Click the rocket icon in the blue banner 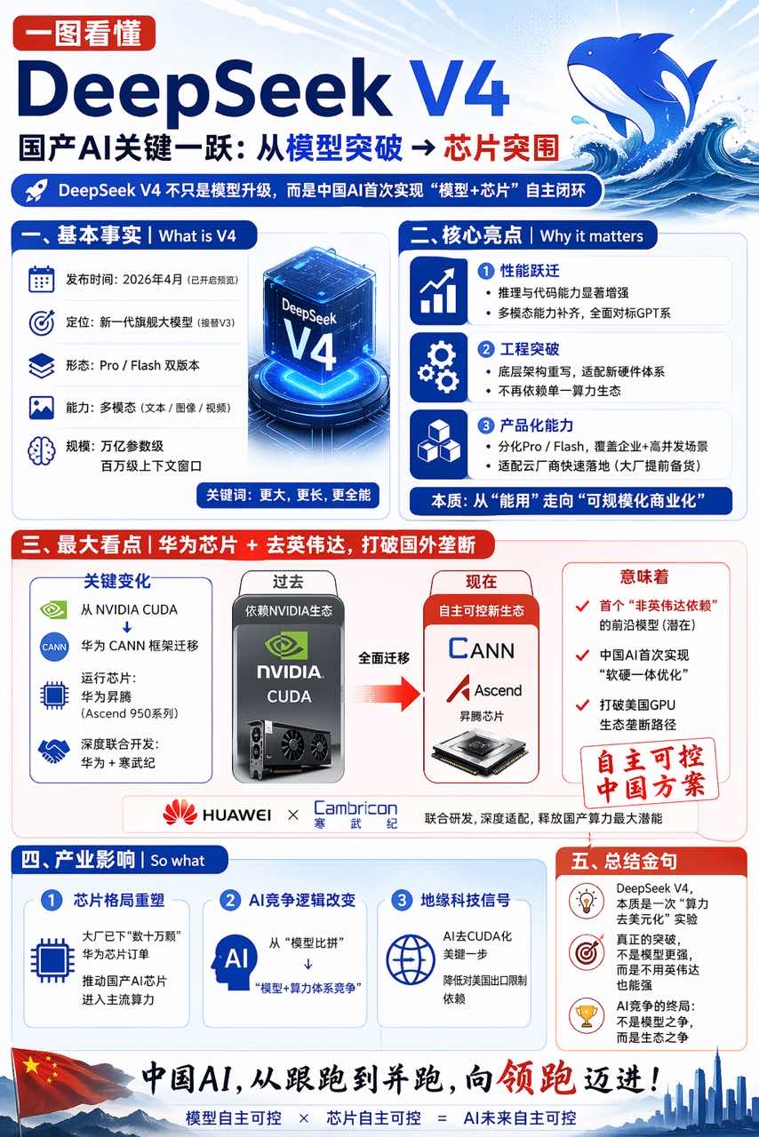coord(36,190)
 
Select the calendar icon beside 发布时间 coord(41,279)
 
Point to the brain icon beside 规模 coord(41,450)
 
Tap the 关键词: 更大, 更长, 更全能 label coord(288,494)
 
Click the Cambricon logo coord(355,814)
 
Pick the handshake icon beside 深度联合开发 coord(54,751)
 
